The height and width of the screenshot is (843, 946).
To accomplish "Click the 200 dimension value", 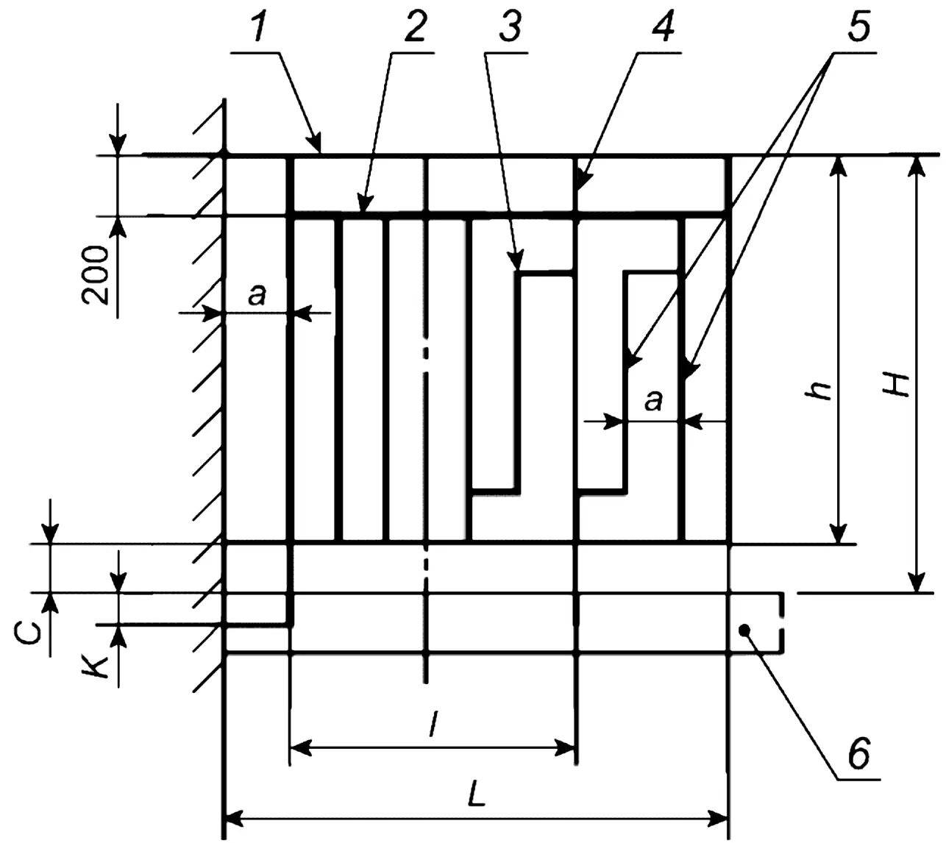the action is (x=96, y=276).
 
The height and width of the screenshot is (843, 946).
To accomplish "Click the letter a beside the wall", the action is (x=257, y=295).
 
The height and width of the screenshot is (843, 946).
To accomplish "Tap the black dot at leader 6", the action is (x=744, y=630).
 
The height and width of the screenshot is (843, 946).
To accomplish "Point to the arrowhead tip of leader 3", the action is (x=518, y=269).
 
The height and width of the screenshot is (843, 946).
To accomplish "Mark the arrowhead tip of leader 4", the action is (x=576, y=191).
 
